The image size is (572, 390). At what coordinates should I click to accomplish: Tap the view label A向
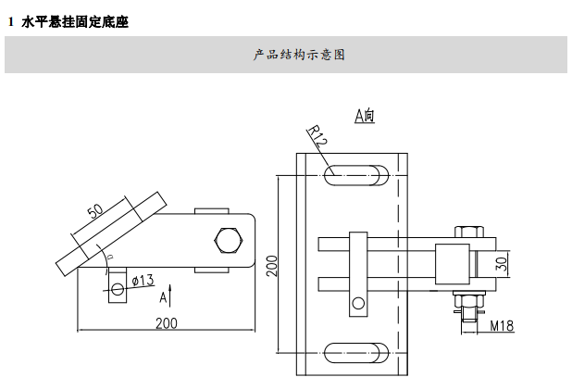click(x=364, y=116)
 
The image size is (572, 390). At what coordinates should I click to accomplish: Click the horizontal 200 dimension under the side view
click(x=166, y=323)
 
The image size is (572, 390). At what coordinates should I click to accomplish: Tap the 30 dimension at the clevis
click(x=502, y=262)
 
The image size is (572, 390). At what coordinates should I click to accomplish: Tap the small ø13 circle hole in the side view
click(x=117, y=290)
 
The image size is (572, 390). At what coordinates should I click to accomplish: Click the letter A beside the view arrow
click(x=163, y=297)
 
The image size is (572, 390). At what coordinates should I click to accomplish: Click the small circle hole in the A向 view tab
click(x=357, y=302)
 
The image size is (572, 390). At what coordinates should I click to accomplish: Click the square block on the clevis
click(x=451, y=263)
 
